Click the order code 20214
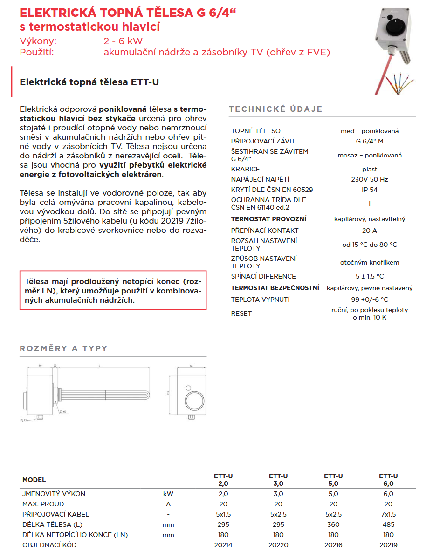pos(223,545)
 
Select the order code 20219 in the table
pos(388,545)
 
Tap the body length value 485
pos(388,524)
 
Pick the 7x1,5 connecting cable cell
pos(388,514)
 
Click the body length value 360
pos(333,524)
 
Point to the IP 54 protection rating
pos(370,190)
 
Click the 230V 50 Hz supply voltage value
pos(370,179)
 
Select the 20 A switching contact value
pos(370,231)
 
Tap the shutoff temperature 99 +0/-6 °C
pos(370,299)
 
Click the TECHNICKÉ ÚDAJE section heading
pos(275,109)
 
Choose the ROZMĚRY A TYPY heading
pos(63,348)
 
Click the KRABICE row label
pos(246,169)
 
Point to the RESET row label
pos(241,313)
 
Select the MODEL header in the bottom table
pos(34,480)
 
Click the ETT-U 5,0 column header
pos(333,480)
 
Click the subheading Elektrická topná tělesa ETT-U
pos(89,82)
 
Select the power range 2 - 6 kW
pos(124,41)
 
